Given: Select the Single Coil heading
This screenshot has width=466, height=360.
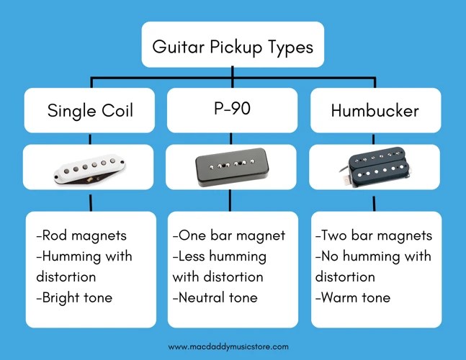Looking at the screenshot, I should [x=90, y=111].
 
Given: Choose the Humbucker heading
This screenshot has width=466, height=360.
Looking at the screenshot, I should [x=375, y=111].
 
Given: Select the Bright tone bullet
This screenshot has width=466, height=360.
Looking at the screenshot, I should [x=74, y=297].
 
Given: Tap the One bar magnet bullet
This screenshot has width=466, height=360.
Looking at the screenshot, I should [x=228, y=235].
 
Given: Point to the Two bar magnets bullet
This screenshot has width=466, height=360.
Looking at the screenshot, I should [x=374, y=235].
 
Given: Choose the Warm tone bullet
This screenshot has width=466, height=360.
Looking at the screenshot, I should [x=353, y=297].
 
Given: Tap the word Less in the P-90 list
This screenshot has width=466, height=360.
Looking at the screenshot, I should [x=192, y=256].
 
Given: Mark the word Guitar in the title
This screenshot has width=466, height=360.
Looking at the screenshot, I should [x=176, y=48].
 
